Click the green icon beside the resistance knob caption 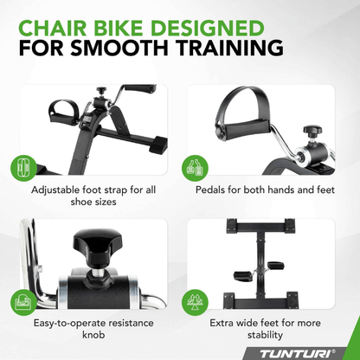[x=23, y=303]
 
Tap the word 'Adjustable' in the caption [x=61, y=189]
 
